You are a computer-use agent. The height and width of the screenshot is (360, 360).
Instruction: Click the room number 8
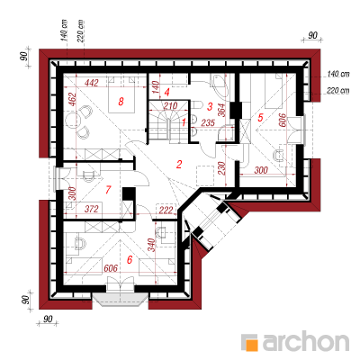point(121,102)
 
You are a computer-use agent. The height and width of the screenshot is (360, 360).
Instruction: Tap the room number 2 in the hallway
point(179,165)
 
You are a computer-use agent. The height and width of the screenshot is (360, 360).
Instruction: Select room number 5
point(260,118)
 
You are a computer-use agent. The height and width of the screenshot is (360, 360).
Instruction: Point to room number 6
point(130,259)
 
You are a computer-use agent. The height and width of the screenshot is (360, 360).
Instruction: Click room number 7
point(108,190)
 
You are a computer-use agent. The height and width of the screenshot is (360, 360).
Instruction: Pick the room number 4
point(167,92)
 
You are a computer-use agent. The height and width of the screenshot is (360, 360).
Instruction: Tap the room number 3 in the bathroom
point(210,106)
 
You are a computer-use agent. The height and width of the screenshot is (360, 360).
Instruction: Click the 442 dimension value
point(91,83)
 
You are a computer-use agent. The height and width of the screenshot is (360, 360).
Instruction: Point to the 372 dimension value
point(91,209)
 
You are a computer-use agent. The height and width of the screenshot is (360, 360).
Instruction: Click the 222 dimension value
point(166,210)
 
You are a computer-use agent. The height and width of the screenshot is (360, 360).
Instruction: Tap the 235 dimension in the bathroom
point(208,122)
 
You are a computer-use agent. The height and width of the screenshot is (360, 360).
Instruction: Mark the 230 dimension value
point(221,169)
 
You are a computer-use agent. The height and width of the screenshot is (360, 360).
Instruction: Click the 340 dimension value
point(152,245)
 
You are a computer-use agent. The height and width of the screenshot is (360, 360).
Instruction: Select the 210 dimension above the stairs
point(170,105)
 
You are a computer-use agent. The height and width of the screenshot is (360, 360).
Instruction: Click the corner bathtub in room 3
point(219,85)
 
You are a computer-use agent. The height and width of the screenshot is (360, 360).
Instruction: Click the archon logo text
point(306,340)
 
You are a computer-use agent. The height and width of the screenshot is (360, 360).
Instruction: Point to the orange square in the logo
point(252,345)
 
